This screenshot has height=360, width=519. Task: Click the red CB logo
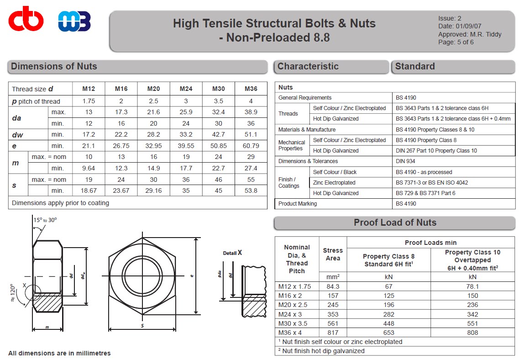(26, 21)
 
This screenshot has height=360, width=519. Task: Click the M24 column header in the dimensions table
(186, 89)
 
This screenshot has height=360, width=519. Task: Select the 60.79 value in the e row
(251, 146)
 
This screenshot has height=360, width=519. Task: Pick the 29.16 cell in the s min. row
(153, 191)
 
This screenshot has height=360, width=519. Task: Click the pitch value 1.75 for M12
(89, 101)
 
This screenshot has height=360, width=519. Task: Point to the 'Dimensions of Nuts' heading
(54, 67)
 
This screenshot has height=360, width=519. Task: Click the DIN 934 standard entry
(406, 161)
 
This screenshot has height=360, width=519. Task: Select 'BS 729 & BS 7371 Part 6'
(425, 193)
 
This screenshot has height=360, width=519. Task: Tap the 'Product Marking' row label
(297, 204)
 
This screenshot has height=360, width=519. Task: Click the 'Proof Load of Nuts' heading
(395, 223)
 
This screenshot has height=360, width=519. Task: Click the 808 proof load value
(472, 333)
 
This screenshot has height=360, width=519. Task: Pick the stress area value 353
(333, 314)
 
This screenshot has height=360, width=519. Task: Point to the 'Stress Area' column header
(333, 254)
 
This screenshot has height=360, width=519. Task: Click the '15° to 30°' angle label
(45, 220)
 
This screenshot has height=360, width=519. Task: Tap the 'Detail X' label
(232, 253)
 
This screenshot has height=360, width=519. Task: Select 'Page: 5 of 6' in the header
(456, 42)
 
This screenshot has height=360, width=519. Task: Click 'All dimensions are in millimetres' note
(59, 353)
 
